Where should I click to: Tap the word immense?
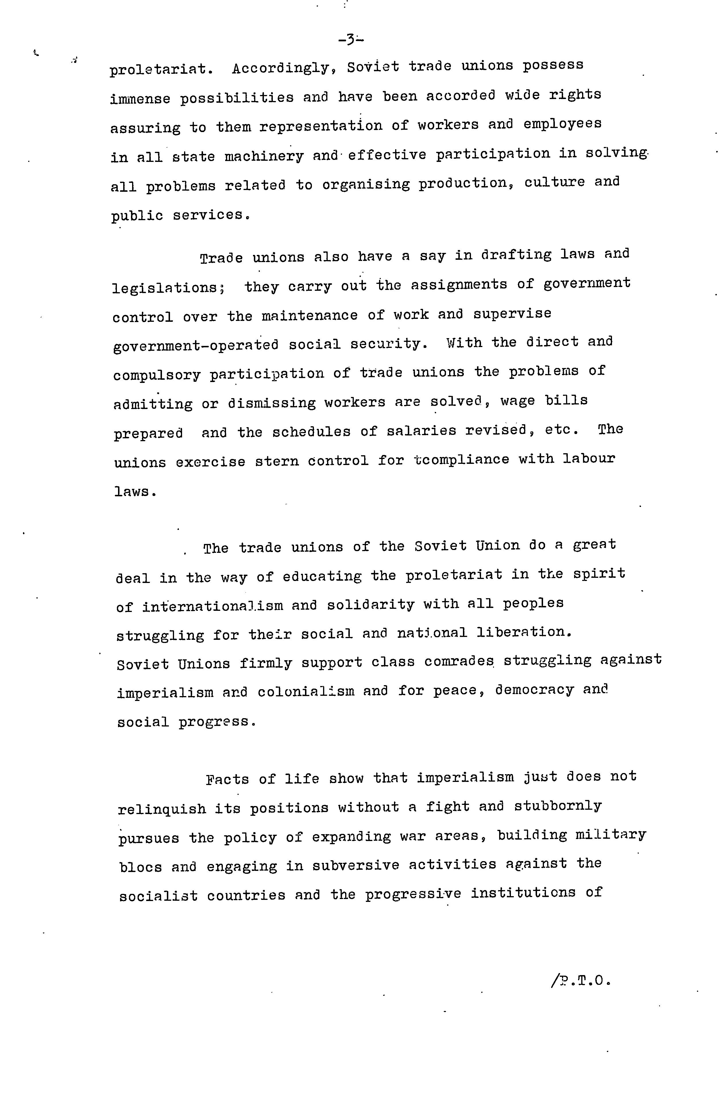pos(140,98)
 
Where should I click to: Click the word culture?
pos(554,182)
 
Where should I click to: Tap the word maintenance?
pos(309,315)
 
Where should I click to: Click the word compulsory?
pos(157,375)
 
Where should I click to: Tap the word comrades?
pos(459,662)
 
